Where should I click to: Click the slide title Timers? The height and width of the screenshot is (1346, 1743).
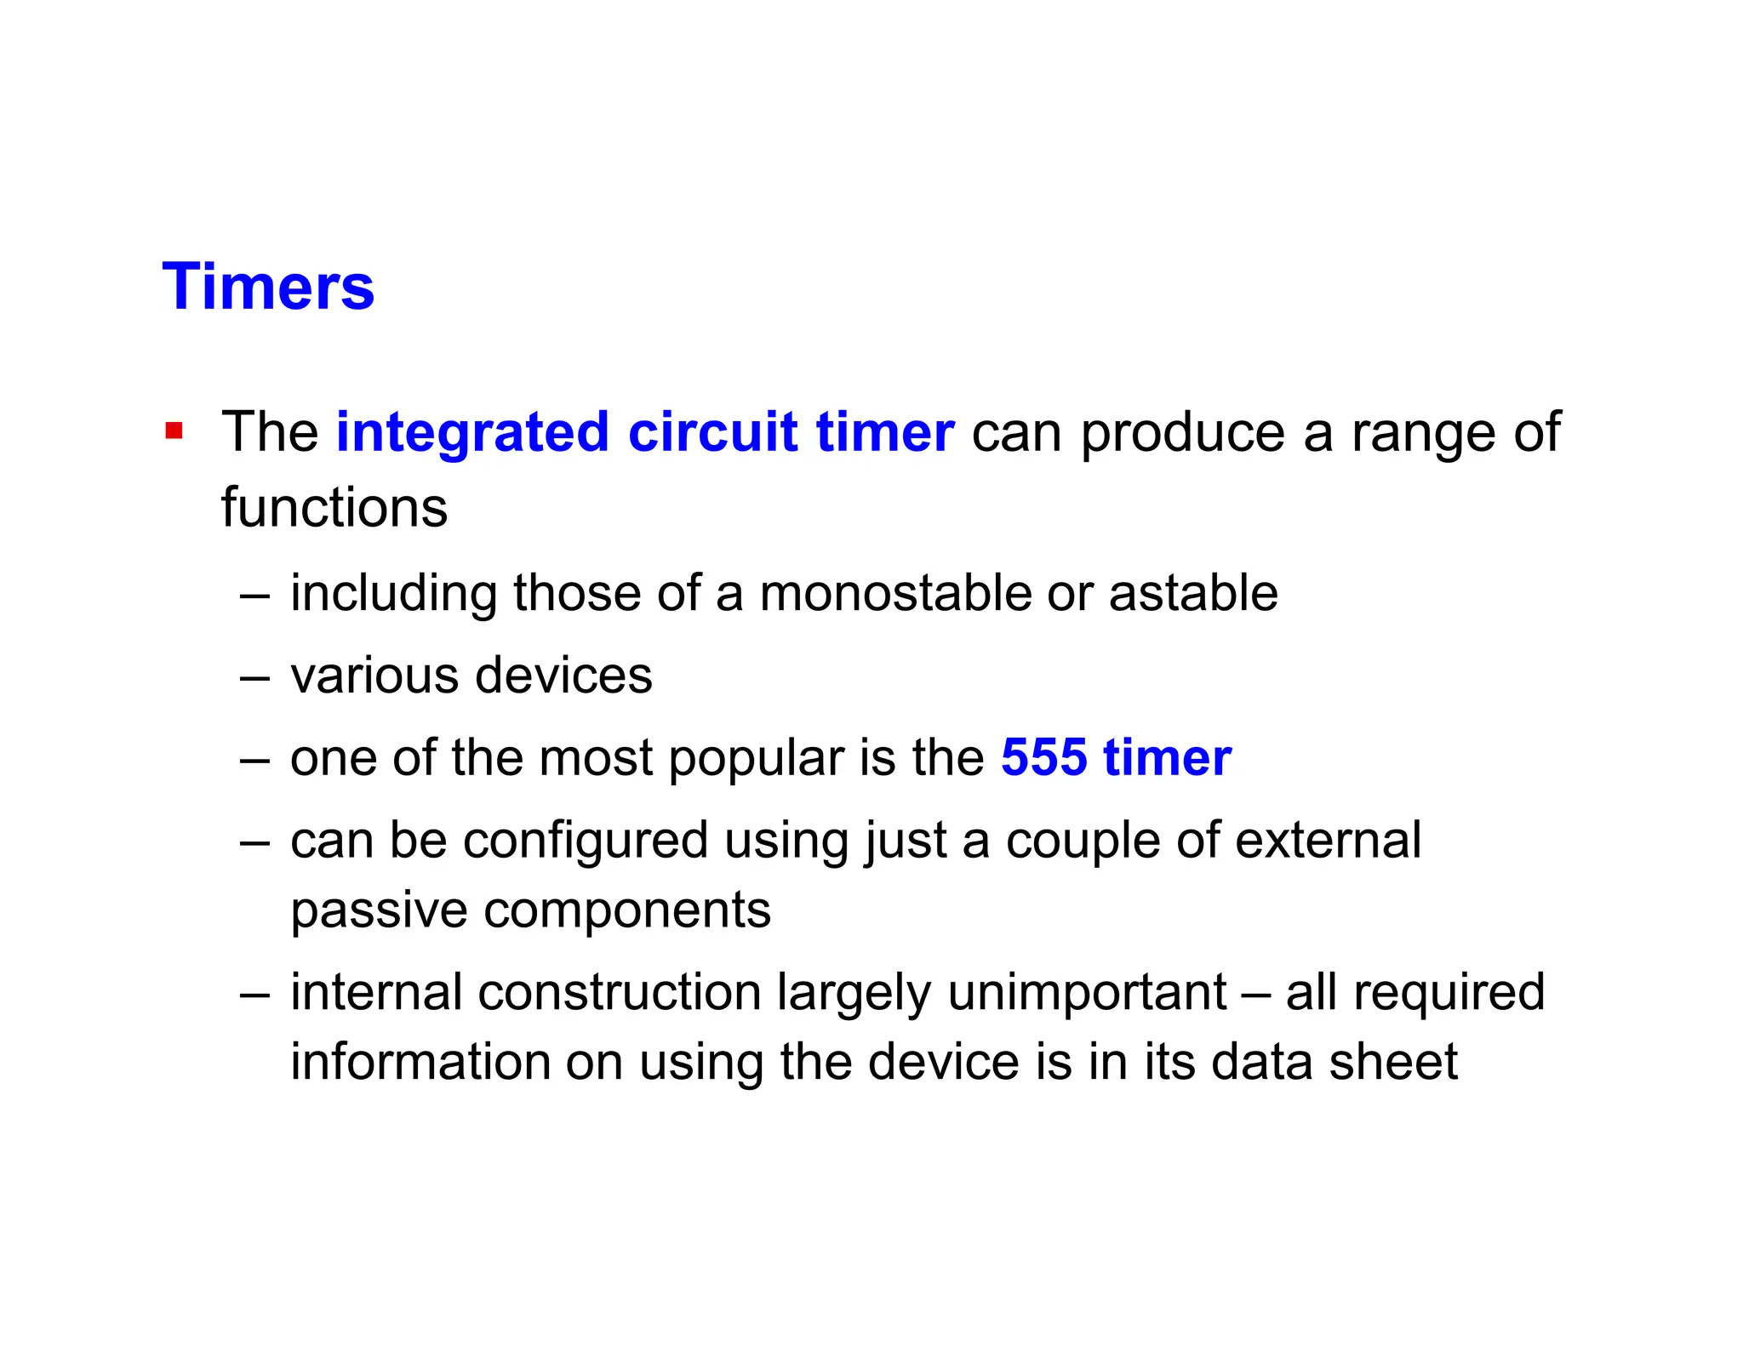tap(268, 287)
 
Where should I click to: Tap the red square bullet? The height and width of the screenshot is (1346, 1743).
tap(174, 431)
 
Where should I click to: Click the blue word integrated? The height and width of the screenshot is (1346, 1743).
tap(472, 432)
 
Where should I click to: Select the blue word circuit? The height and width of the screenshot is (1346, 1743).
tap(712, 432)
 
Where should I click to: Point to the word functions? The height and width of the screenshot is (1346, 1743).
tap(334, 508)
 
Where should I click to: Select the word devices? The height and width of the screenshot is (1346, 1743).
tap(563, 676)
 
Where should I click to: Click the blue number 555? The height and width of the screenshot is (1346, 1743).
tap(1043, 757)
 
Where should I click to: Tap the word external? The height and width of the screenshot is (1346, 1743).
tap(1328, 841)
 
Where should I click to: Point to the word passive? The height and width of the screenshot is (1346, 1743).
tap(379, 910)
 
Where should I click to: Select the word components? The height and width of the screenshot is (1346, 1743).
tap(627, 910)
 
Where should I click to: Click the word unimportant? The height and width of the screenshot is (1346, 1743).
tap(1087, 992)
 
